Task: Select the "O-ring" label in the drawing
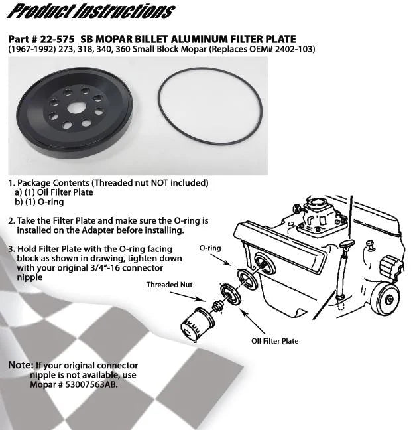pyautogui.click(x=210, y=247)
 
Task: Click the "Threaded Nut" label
pyautogui.click(x=169, y=285)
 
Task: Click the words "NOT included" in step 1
pyautogui.click(x=178, y=182)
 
